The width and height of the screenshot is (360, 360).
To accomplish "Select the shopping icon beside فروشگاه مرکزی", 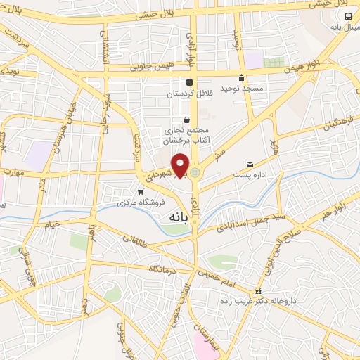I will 141,191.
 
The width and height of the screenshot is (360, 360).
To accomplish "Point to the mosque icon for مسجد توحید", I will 242,78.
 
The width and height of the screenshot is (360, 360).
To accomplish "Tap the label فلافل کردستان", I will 188,93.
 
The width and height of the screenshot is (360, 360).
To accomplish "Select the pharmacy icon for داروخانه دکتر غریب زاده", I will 259,291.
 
